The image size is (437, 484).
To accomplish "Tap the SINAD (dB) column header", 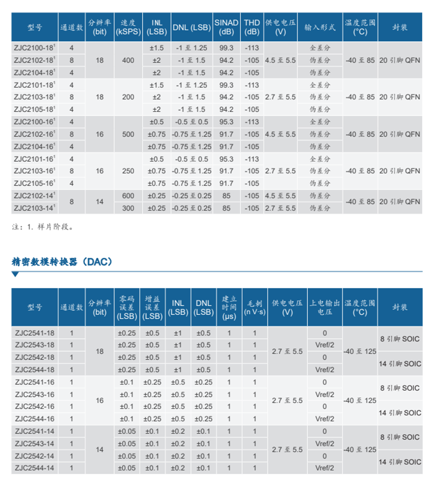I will point(226,27).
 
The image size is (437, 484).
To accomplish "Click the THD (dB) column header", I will point(252,27).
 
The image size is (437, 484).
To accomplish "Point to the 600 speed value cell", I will point(128,196).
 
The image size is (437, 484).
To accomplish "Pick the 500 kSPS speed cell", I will point(128,134).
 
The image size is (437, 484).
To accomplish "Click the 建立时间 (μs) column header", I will point(229,307).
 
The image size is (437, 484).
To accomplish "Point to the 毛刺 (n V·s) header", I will point(255,307).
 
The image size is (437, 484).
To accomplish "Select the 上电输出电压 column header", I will point(325,307).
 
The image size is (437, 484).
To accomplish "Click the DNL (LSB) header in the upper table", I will point(191,27).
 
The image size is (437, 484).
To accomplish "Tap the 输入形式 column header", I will point(320,27).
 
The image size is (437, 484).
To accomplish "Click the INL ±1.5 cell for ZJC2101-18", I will point(156,85).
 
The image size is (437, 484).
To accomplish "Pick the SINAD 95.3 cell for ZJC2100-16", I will point(226,122).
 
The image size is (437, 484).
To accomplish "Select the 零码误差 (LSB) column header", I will point(127,307).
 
